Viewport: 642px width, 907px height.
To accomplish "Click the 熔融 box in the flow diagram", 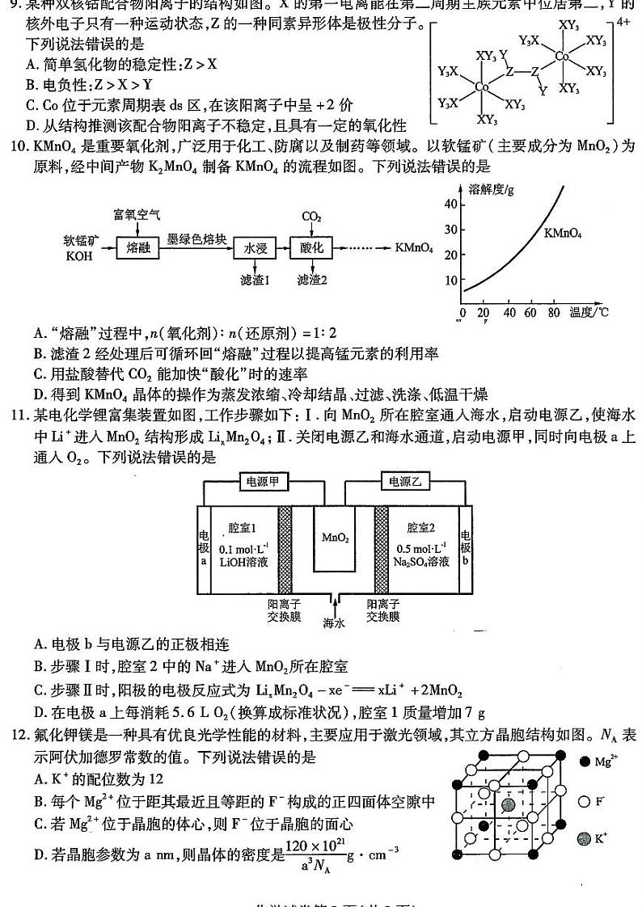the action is click(139, 248).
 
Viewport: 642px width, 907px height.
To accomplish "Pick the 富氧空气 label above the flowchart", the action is click(137, 215).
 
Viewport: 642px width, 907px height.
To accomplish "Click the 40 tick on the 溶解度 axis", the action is click(450, 204).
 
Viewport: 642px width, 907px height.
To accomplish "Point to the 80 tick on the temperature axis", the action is click(554, 313).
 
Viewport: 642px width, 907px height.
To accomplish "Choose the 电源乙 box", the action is click(404, 483).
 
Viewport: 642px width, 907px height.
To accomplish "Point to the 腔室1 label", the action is click(242, 527).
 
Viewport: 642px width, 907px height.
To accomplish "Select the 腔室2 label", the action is click(421, 527).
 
